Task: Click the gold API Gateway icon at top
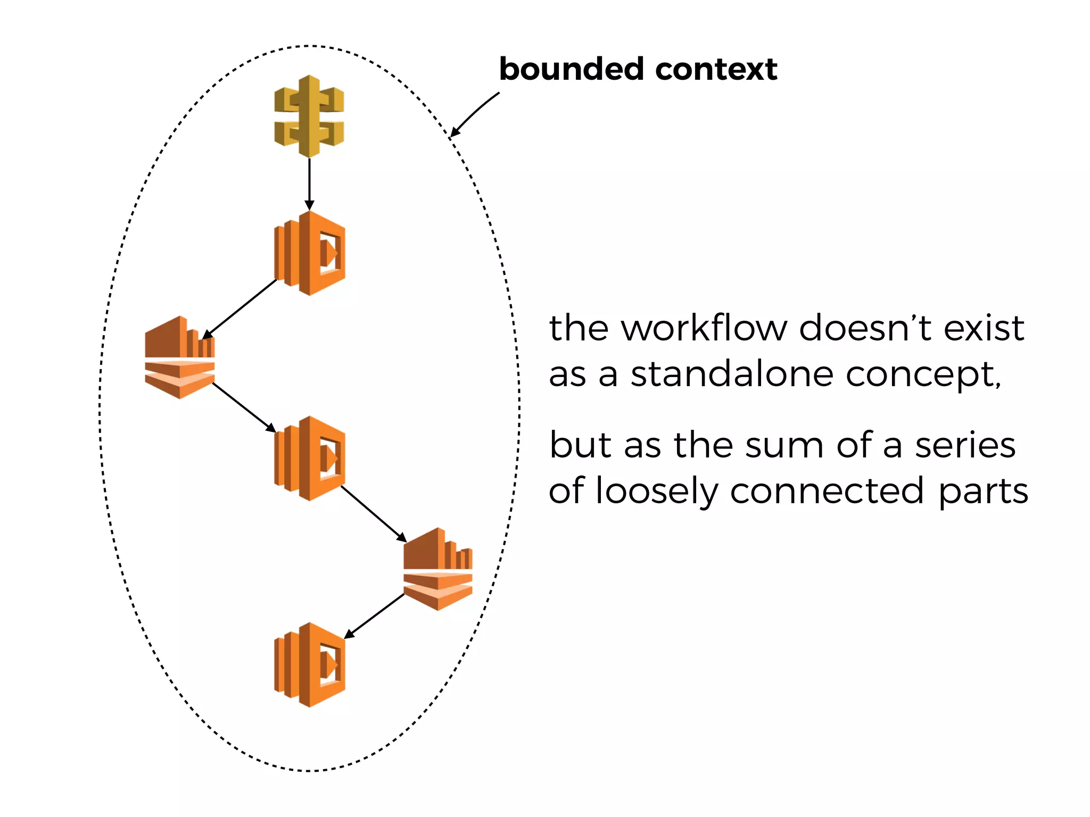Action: [x=309, y=116]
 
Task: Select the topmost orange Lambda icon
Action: [x=310, y=253]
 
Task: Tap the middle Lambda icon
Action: [x=310, y=458]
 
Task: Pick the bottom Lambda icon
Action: [x=310, y=665]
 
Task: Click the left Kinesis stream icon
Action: [x=180, y=357]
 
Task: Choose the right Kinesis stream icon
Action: [x=438, y=569]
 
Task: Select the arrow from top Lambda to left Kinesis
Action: [x=240, y=309]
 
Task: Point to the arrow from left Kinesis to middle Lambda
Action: [x=244, y=407]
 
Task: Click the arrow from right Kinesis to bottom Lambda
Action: [x=375, y=615]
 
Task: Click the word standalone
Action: [x=732, y=374]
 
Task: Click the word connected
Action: [x=827, y=490]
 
